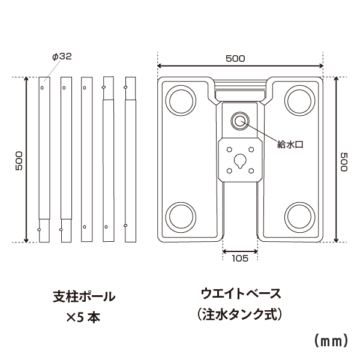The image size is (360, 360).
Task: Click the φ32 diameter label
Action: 62,56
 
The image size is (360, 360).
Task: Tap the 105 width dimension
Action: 240,258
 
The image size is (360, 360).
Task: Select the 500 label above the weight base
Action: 235,59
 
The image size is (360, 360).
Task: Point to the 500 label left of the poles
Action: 19,161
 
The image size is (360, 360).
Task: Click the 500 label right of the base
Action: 344,162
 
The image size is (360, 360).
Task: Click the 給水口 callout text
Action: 290,145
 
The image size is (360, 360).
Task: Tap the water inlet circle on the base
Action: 240,121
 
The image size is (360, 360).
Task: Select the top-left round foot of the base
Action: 181,101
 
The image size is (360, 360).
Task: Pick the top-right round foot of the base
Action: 299,101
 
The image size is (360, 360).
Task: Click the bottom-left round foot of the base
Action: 181,217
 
